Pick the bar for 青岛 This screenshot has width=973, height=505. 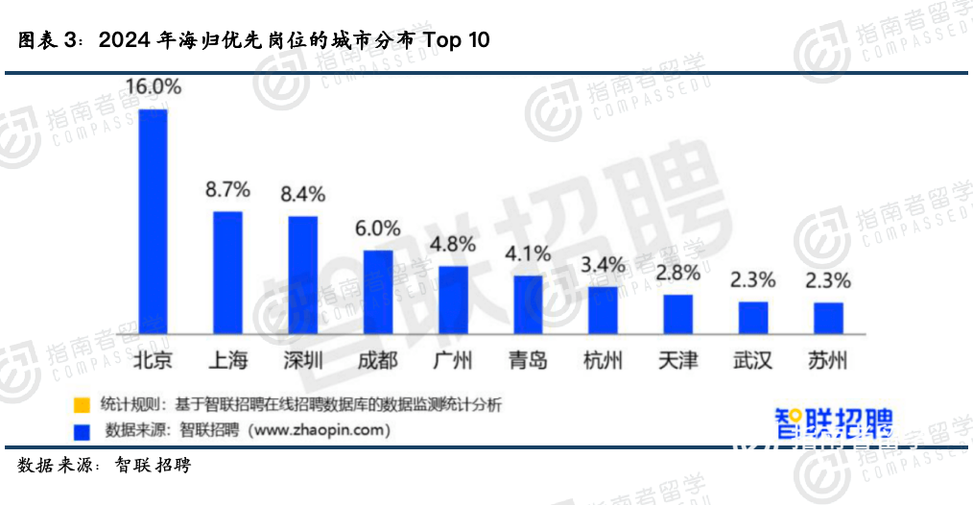pos(528,302)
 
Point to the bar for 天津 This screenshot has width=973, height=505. pos(677,312)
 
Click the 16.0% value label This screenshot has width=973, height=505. pos(154,86)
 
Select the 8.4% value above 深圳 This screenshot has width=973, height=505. pos(302,195)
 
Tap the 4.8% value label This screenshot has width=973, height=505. pos(453,244)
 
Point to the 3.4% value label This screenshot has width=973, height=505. pos(603,264)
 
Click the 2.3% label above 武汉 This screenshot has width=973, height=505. pos(752,280)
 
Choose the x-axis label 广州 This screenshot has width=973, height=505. pos(453,361)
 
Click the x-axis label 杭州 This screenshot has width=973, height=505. pos(603,361)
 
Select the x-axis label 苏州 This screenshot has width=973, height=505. pos(828,361)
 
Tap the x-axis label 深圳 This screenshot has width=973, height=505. pos(302,361)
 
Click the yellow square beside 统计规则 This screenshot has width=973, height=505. pos(83,404)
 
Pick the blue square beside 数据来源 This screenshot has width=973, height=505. pos(83,428)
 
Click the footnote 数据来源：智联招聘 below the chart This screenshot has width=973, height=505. pos(105,466)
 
